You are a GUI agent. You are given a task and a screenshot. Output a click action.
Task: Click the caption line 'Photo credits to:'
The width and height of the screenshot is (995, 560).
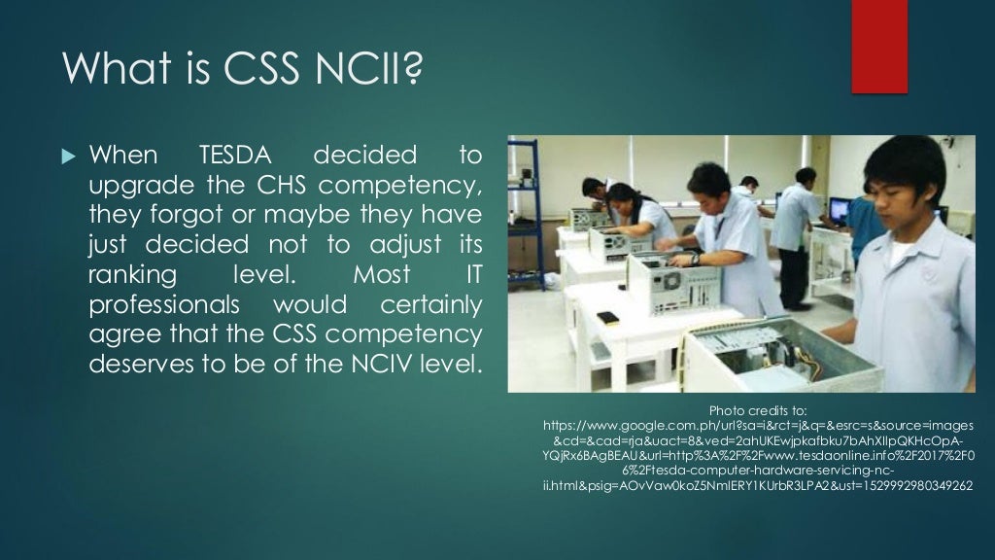click(759, 409)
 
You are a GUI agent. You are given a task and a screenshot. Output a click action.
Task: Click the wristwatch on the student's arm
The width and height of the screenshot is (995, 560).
click(694, 260)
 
